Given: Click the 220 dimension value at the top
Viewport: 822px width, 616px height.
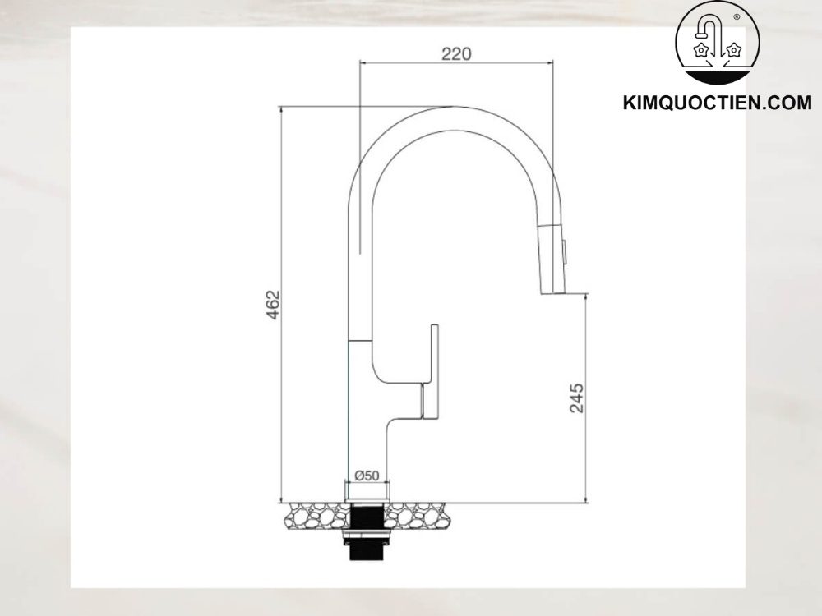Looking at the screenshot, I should click(455, 54).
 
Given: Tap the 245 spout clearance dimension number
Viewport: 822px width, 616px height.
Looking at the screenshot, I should click(576, 398).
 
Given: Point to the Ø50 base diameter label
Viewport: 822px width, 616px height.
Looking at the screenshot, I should click(367, 476).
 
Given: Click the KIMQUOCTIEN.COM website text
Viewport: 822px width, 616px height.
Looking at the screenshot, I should click(718, 103).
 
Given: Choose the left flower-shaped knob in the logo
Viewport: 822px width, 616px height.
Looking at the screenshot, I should click(701, 51).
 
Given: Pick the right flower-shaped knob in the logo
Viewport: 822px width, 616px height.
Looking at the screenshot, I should click(734, 51).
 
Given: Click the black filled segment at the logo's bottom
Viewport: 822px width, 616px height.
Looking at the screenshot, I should click(717, 77).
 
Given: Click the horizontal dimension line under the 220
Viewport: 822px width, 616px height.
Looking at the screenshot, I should click(455, 62).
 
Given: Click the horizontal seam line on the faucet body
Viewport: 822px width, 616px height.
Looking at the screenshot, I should click(362, 338).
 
